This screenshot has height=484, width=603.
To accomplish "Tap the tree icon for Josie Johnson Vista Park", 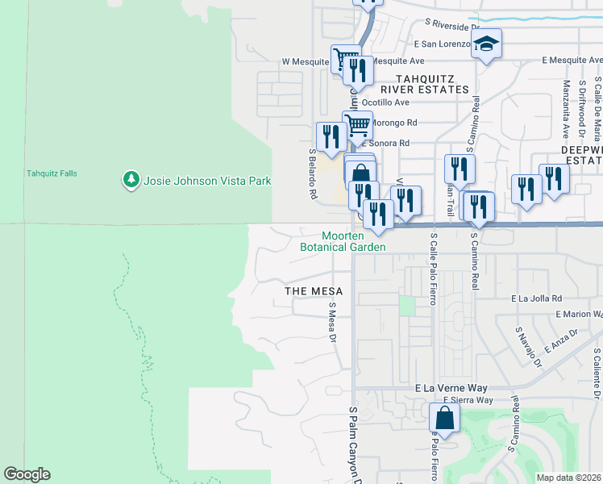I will (131, 180).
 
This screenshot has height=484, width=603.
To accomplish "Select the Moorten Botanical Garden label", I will (343, 241).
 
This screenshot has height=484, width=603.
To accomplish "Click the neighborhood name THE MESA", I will (314, 290).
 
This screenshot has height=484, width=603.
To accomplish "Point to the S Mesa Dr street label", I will (331, 322).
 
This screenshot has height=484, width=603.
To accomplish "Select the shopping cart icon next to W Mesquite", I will (345, 58).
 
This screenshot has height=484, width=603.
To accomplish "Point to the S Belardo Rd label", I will (310, 173).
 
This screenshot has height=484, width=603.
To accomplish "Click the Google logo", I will (27, 474).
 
